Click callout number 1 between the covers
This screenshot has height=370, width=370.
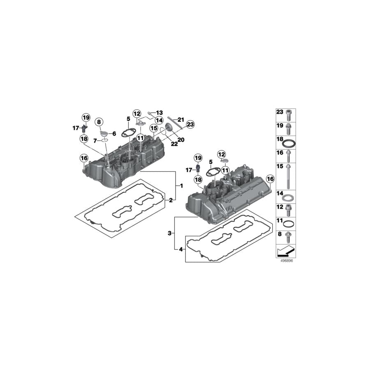tap(181, 186)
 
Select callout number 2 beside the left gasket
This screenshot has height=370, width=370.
tap(171, 200)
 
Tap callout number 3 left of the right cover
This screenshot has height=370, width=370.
tap(169, 234)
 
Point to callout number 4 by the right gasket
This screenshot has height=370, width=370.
tap(181, 249)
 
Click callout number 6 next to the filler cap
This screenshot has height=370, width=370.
tap(114, 134)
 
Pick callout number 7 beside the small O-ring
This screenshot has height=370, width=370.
tap(95, 141)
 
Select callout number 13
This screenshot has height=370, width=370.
tap(160, 113)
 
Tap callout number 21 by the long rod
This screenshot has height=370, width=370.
tap(181, 120)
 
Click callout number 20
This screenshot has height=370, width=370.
tap(181, 140)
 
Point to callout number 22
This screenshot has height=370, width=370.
tap(174, 144)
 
